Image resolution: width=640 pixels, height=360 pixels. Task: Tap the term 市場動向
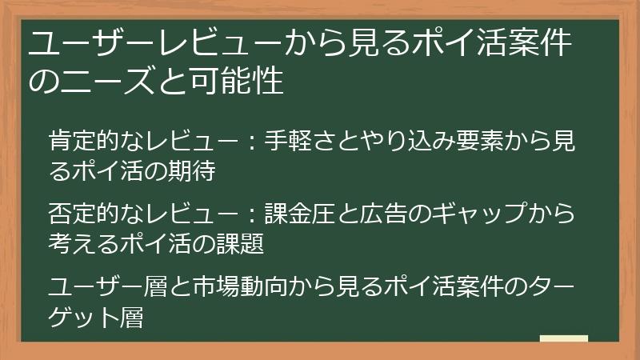click(x=237, y=286)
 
